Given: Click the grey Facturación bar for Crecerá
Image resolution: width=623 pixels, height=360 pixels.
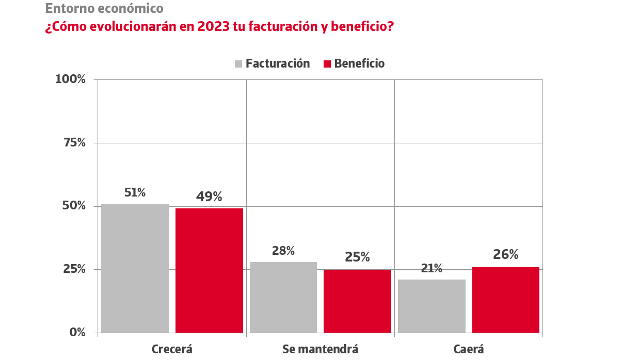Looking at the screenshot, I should tap(135, 268).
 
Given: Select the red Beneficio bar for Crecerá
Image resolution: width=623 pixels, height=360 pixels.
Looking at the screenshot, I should tap(209, 270).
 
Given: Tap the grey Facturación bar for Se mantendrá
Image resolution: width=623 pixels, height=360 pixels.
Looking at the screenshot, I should tap(283, 297).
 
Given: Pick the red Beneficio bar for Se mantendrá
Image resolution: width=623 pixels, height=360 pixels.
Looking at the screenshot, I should tap(357, 301).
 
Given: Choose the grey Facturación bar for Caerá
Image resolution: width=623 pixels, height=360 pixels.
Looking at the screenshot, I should tap(432, 306).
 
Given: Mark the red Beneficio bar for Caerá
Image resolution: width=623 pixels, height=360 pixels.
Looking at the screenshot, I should tap(506, 300).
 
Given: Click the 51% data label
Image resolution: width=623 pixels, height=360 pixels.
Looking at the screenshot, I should tap(135, 193).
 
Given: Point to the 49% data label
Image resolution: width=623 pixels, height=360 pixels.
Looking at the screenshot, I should tap(209, 197).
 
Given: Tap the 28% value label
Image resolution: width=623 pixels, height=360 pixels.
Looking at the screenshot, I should tap(283, 251).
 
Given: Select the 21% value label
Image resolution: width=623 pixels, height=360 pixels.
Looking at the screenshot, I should tap(432, 269).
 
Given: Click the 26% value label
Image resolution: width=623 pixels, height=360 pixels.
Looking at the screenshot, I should tap(505, 255).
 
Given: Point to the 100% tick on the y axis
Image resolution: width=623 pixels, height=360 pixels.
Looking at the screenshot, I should tap(70, 79).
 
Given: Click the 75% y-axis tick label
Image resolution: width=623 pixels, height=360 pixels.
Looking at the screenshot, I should tap(74, 143).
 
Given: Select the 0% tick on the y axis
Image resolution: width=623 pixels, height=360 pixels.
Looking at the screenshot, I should tap(77, 333).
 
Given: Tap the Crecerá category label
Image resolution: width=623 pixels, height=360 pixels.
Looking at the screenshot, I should tap(172, 349).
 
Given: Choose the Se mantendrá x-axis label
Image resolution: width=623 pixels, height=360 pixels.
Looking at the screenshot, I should tap(320, 349).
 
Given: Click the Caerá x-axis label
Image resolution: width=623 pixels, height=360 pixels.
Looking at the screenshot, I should tap(469, 349).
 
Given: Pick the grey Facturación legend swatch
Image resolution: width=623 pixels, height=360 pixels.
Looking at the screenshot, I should tap(238, 64).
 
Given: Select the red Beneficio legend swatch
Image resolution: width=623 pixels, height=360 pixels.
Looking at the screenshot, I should tap(327, 64).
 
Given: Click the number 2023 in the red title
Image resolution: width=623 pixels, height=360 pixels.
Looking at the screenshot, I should tap(213, 26).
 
